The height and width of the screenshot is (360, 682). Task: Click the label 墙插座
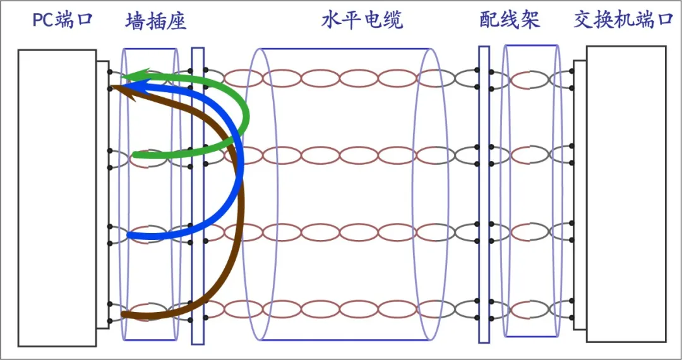click(156, 21)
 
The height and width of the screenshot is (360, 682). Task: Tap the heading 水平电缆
click(362, 21)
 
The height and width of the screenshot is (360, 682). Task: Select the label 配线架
click(510, 20)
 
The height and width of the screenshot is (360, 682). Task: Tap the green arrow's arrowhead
click(130, 76)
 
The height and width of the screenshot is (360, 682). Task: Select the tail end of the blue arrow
click(129, 236)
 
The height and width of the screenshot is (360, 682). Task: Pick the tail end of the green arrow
click(135, 155)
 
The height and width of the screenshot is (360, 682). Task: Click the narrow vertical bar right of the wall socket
click(198, 196)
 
